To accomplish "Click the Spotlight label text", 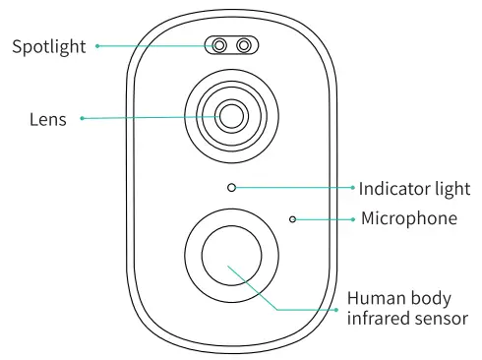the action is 48,45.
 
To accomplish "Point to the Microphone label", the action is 409,217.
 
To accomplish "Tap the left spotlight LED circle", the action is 220,45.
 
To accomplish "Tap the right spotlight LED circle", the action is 243,45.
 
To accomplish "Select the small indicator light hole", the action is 231,187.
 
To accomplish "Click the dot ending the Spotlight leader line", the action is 97,45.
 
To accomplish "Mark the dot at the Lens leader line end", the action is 82,119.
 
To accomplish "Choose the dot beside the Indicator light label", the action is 352,187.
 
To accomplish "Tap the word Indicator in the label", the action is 393,188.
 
